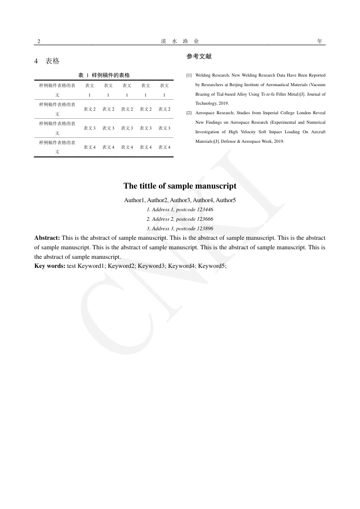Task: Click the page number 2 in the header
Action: (39, 41)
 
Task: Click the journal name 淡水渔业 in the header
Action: (180, 41)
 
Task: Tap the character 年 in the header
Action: (320, 41)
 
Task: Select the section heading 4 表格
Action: (47, 61)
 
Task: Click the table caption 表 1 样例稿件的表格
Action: (104, 75)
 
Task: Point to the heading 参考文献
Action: (199, 57)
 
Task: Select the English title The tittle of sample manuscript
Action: (180, 186)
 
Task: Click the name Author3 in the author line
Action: (180, 200)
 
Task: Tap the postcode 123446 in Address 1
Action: (205, 209)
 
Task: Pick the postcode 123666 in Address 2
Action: (205, 219)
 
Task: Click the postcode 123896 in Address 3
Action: (205, 228)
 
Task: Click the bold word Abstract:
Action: (47, 238)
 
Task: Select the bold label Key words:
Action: (50, 266)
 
